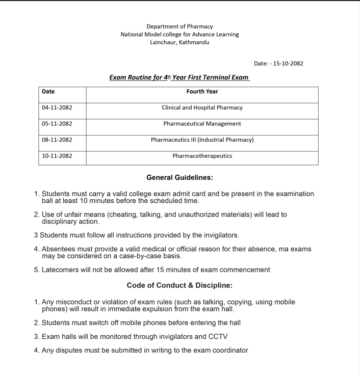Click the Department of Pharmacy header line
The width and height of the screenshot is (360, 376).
[179, 26]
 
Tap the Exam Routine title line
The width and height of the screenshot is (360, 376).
[179, 77]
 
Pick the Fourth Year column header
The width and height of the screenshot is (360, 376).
[202, 92]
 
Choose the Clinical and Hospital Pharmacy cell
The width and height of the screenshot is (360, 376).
[202, 108]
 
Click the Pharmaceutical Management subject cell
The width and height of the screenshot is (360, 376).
[202, 124]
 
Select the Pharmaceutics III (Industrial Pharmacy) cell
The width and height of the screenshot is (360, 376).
[202, 140]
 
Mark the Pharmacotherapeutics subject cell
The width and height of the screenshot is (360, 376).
[202, 156]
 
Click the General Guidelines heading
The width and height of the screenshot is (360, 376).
[179, 178]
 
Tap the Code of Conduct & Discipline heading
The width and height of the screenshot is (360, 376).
[179, 285]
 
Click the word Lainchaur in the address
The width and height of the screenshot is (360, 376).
[162, 42]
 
